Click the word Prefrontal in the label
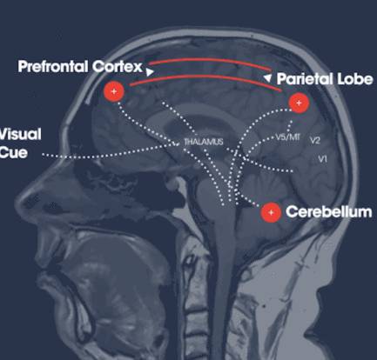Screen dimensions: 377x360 (53, 66)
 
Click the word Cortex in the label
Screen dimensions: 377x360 (118, 67)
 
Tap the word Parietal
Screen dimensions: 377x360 (304, 79)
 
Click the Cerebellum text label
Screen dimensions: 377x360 (329, 211)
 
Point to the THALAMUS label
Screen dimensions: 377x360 (204, 142)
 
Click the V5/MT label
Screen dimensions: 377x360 (287, 137)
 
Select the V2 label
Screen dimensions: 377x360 (315, 141)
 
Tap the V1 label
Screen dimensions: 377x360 (323, 159)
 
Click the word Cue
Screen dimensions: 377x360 (14, 152)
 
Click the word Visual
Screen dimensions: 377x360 (20, 134)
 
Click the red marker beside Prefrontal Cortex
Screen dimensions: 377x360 (114, 91)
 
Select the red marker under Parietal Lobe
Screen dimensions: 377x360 (299, 103)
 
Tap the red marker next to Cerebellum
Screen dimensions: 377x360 (271, 213)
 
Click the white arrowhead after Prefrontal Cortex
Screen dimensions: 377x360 (150, 72)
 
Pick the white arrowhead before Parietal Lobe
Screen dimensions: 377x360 (267, 77)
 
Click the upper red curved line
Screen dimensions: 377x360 (209, 60)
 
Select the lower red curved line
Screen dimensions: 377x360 (206, 77)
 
